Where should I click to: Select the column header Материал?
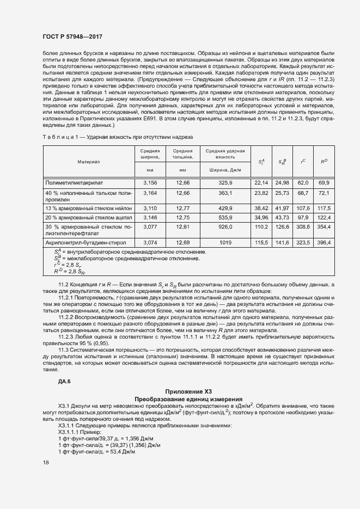[88, 162]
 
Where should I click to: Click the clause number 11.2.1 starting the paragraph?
[68, 301]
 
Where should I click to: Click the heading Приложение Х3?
[188, 391]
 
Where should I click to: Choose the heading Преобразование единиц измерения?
[188, 398]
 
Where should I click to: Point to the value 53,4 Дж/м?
[121, 452]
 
